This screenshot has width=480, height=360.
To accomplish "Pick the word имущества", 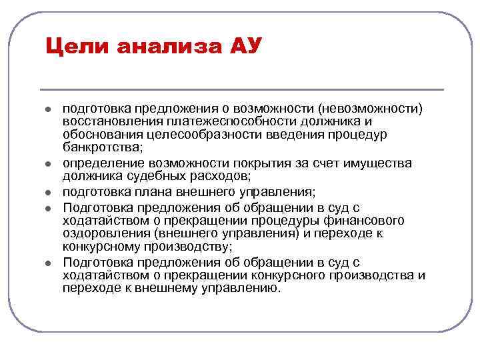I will tap(377, 163).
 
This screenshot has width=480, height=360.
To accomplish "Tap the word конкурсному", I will tap(101, 246).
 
